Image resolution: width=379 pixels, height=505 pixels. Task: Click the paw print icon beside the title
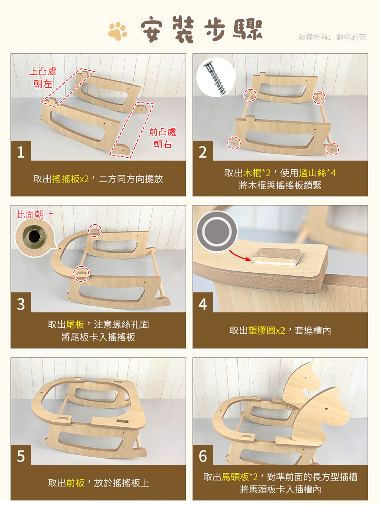(118, 31)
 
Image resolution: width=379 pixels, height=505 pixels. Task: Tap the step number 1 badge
(21, 151)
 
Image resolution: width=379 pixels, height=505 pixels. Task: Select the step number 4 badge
(203, 303)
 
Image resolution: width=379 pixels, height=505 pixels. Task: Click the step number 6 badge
(203, 455)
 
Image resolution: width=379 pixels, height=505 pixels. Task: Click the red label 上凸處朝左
(42, 77)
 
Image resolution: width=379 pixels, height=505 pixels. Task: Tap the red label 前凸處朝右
(163, 138)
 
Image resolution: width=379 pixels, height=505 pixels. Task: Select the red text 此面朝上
(34, 215)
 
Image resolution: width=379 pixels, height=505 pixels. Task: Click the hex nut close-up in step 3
(34, 237)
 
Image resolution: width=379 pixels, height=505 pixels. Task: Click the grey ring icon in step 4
(217, 231)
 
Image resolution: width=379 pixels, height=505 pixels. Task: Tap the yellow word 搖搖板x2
(70, 179)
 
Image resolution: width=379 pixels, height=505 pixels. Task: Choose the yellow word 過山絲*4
(317, 173)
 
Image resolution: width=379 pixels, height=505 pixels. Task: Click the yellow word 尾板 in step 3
(75, 325)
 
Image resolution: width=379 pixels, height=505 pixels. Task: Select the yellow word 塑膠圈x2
(267, 331)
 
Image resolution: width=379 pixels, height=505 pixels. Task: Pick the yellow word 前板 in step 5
(75, 483)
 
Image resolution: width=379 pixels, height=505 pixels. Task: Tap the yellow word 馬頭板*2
(240, 477)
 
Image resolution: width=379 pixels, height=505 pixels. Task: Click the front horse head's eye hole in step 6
(326, 409)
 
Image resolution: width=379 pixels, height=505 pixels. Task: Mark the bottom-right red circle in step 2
(331, 148)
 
